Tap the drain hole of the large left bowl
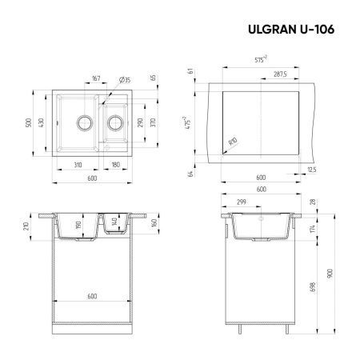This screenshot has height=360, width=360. click(x=82, y=123)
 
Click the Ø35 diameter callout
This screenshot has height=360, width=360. click(x=126, y=78)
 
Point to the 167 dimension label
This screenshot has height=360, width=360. click(x=96, y=78)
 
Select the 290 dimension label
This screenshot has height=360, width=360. click(x=141, y=124)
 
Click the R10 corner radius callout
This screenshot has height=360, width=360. click(x=233, y=142)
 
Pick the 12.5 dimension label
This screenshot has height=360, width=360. click(x=311, y=169)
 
